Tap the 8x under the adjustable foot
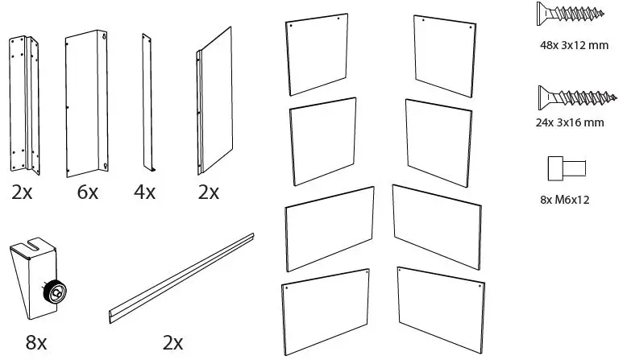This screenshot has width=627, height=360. [x=36, y=342]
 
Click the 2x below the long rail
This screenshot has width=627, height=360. [x=173, y=342]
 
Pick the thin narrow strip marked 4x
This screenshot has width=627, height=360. [x=147, y=102]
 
